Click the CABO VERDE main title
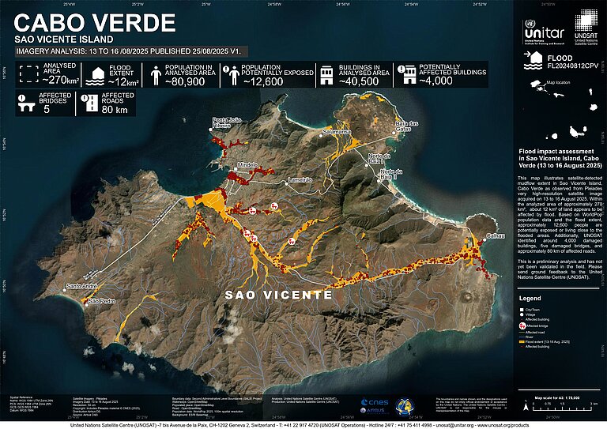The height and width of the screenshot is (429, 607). (x=84, y=21)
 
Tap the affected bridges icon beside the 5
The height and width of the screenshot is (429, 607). (x=25, y=103)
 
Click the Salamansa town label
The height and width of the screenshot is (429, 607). (x=336, y=132)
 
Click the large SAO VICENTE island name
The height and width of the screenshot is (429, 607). (x=278, y=295)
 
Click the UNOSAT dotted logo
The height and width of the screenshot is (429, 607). (x=586, y=30)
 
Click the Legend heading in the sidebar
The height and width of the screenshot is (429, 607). (x=530, y=298)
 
